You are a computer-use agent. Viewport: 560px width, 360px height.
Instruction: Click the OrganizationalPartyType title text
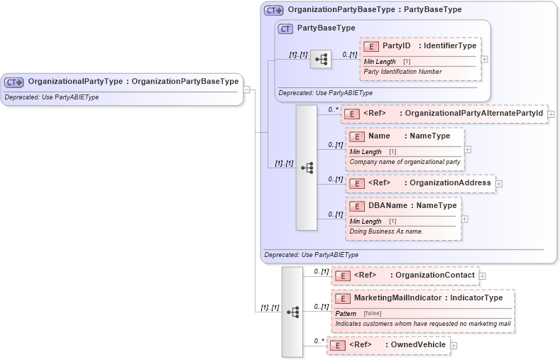[x=133, y=82]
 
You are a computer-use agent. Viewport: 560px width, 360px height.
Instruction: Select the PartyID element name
[x=396, y=46]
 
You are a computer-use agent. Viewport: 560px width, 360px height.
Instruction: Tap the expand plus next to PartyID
[x=485, y=59]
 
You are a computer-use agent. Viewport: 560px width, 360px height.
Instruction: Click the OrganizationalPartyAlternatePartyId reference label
[x=473, y=113]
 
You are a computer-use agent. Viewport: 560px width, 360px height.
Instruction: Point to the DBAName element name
[x=388, y=206]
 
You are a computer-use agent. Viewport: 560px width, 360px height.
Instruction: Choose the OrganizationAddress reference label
[x=450, y=182]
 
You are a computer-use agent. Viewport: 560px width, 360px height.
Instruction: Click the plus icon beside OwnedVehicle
[x=454, y=346]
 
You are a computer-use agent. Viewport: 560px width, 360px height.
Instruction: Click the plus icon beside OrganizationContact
[x=483, y=276]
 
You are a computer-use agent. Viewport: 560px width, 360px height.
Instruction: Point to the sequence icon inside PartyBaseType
[x=321, y=59]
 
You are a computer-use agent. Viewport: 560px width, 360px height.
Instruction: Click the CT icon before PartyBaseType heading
[x=285, y=28]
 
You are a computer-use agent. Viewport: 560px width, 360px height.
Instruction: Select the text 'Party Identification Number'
[x=402, y=72]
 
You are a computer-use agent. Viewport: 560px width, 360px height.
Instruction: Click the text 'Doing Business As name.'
[x=386, y=231]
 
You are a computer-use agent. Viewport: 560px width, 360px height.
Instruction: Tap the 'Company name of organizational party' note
[x=405, y=162]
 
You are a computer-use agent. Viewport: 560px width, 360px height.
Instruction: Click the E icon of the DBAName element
[x=357, y=206]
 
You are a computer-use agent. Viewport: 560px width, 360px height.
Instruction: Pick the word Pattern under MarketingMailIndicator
[x=346, y=313]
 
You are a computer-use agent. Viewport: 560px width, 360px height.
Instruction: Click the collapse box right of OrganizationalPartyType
[x=247, y=89]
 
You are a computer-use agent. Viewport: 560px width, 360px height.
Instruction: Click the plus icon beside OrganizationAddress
[x=499, y=183]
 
